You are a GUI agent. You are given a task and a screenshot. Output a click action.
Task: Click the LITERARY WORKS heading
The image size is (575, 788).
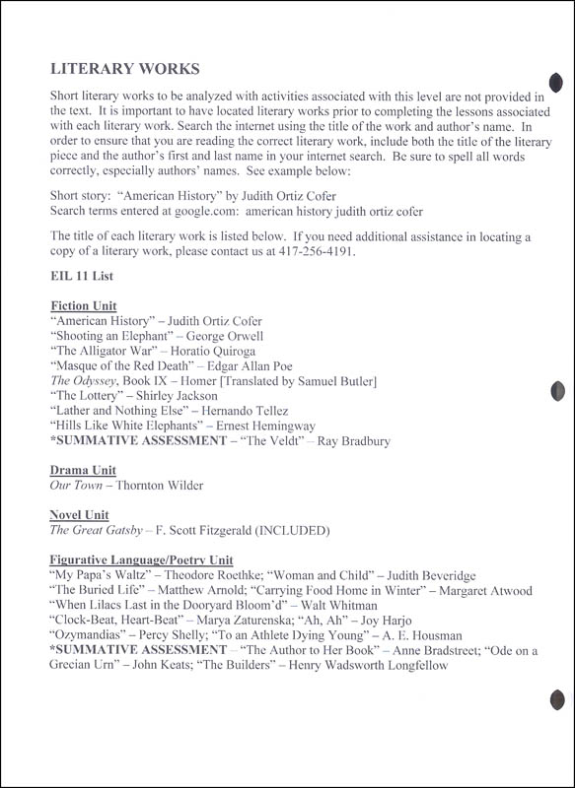coord(124,69)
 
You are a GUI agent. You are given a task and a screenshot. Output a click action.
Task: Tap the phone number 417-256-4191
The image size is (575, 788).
coord(417,252)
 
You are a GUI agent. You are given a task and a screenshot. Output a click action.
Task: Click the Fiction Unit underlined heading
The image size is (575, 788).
coord(83,306)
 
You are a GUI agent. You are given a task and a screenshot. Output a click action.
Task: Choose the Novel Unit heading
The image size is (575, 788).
coord(80,515)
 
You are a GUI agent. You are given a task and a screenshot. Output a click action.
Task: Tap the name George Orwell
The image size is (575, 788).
coord(230,336)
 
